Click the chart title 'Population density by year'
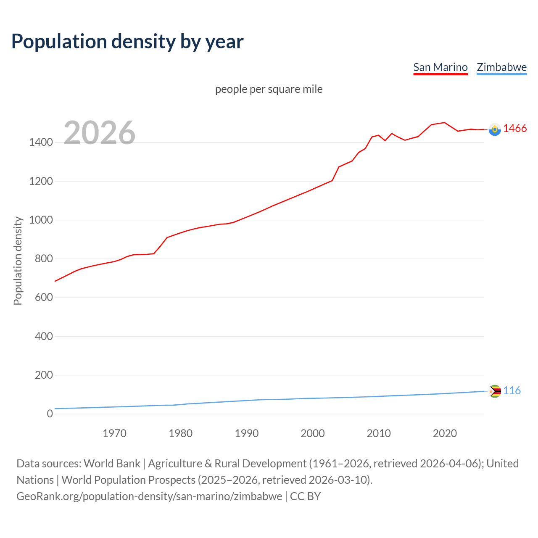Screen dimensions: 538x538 click(127, 41)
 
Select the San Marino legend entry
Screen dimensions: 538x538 click(440, 67)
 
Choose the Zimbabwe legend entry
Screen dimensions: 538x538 click(501, 67)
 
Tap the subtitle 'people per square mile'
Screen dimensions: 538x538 click(269, 89)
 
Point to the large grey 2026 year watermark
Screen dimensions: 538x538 click(100, 133)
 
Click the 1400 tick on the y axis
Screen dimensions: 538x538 click(41, 142)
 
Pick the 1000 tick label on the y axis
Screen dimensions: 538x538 click(41, 220)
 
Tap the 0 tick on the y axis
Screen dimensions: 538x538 click(50, 414)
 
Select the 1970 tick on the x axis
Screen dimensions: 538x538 click(114, 433)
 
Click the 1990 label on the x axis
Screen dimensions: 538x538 click(247, 433)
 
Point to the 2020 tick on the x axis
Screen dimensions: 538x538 click(445, 433)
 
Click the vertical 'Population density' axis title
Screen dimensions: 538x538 click(18, 261)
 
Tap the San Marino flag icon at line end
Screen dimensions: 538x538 click(495, 129)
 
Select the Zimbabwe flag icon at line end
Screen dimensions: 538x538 click(495, 391)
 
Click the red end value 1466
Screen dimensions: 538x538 click(515, 129)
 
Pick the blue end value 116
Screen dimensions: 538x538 click(512, 391)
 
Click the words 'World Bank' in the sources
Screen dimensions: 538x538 click(112, 464)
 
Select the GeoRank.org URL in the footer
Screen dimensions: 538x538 click(149, 496)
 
